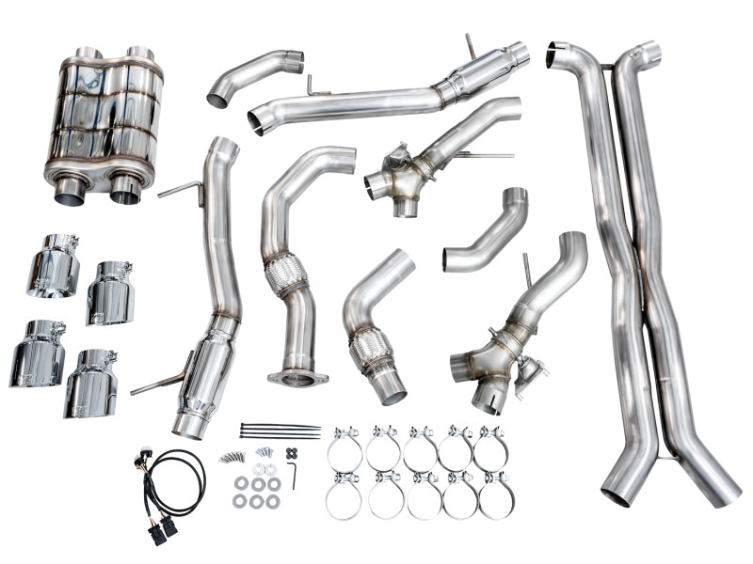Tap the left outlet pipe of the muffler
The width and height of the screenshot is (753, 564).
(x=71, y=189)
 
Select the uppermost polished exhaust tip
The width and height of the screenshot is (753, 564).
(x=56, y=264)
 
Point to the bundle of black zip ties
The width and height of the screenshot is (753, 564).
(x=280, y=431)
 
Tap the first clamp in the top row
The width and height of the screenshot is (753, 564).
(x=344, y=448)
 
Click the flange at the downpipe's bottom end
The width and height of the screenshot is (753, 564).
(x=297, y=378)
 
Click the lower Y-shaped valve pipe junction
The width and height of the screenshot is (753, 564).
(x=489, y=362)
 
